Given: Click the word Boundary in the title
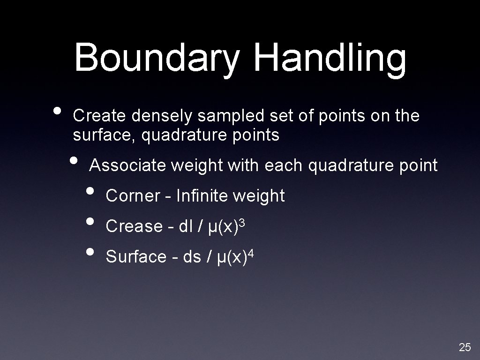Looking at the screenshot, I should point(157,59).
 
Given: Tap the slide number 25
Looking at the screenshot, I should point(465,347).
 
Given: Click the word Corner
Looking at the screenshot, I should point(133,196).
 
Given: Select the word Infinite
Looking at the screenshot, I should point(203,196).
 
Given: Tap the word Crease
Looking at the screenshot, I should point(134,226).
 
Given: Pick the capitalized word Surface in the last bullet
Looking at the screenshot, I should point(136,257).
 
